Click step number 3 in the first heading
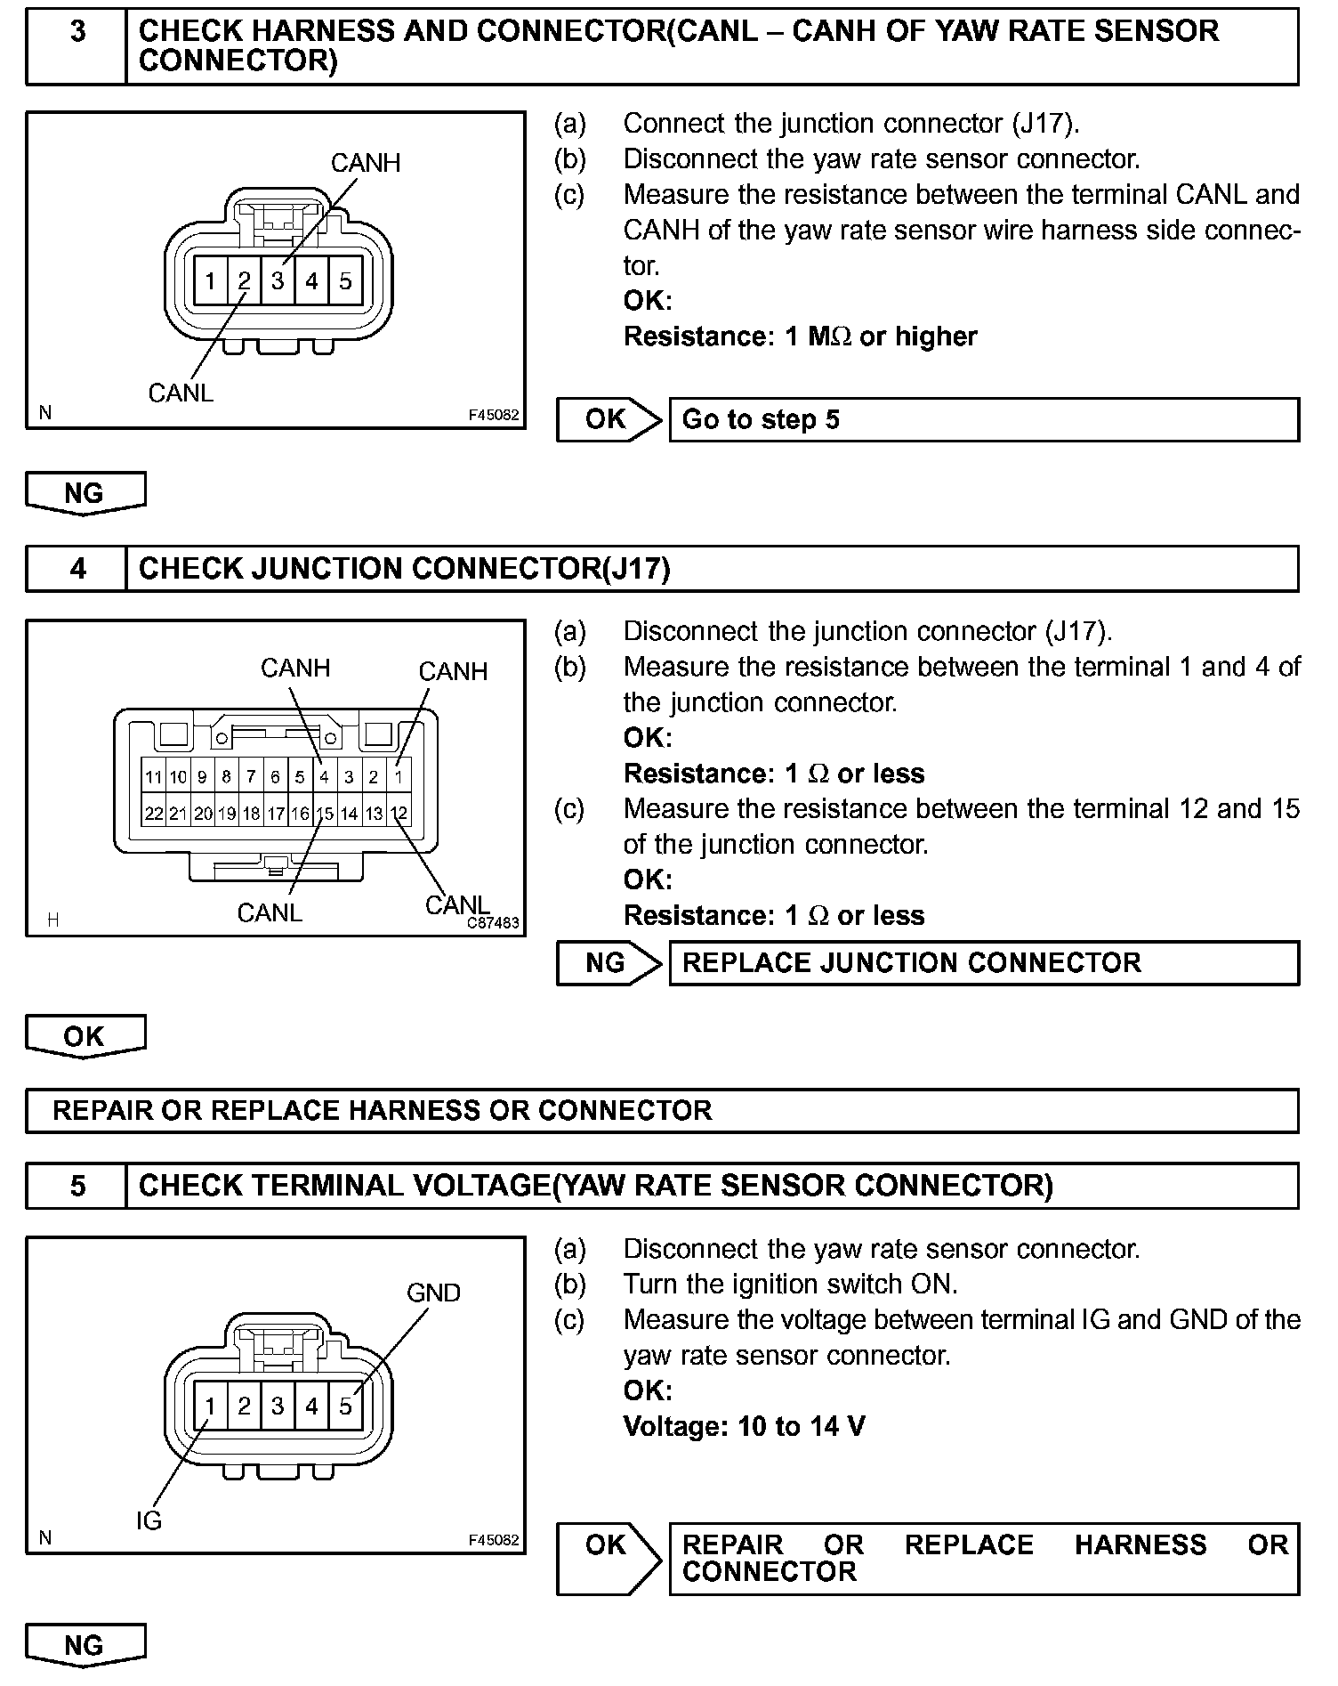click(78, 32)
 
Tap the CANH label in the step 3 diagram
click(365, 164)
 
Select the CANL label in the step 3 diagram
click(181, 393)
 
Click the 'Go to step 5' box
click(983, 420)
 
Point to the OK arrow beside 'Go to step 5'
click(609, 419)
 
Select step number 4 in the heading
click(78, 569)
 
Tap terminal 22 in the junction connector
click(154, 814)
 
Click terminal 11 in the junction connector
click(154, 777)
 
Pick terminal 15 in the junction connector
click(325, 814)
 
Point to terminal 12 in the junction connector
click(399, 814)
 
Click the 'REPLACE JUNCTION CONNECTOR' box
click(983, 963)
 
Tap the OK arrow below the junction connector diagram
click(85, 1036)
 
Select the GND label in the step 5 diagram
click(433, 1293)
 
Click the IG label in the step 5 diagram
click(149, 1521)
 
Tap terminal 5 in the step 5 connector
click(345, 1406)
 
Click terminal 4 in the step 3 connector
click(311, 282)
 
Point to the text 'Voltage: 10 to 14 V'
click(744, 1427)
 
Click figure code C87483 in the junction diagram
click(493, 923)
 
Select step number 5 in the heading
click(78, 1187)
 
